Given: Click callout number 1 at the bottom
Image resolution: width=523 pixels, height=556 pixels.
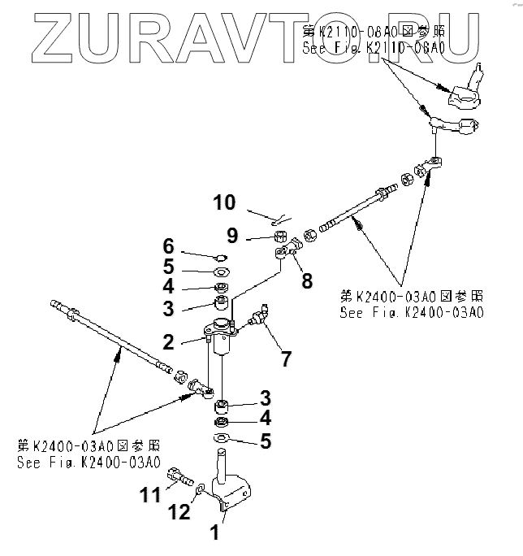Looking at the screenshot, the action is click(214, 534).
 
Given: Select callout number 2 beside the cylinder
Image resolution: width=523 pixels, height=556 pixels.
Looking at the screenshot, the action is click(168, 342).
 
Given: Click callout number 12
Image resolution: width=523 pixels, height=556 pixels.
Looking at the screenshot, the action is click(180, 512).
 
